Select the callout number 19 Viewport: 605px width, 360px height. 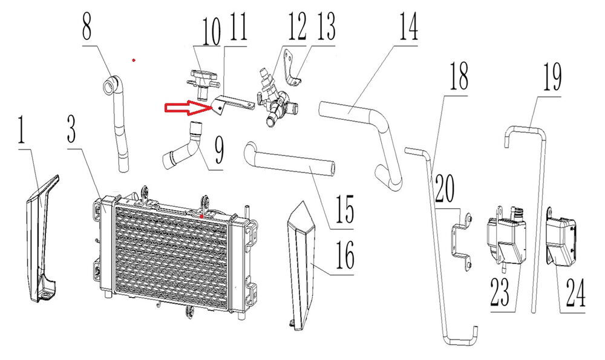coord(552,77)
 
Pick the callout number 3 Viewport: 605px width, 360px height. coord(71,128)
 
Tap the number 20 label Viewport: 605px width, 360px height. coord(445,189)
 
